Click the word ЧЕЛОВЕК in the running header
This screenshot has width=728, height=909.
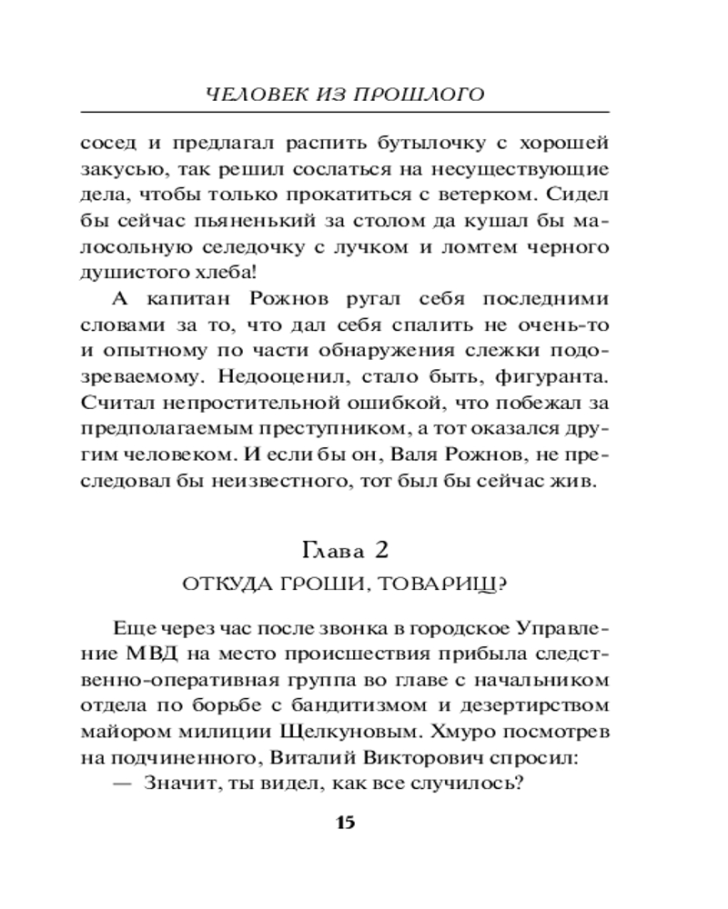(249, 94)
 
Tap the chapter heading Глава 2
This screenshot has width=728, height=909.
(345, 549)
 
